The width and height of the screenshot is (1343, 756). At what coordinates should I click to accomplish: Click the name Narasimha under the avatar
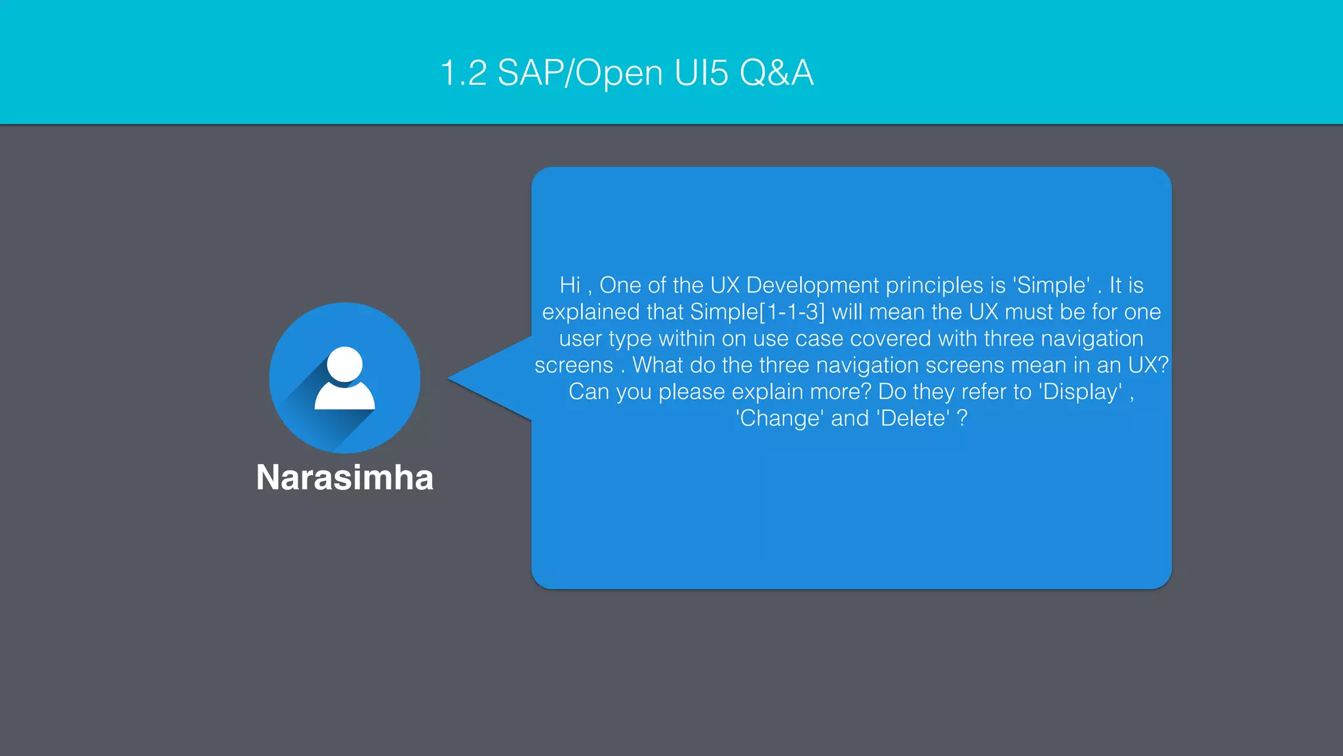click(344, 477)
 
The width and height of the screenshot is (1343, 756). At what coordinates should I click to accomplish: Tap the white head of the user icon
click(344, 364)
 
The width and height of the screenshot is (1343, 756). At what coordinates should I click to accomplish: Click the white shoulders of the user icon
click(344, 398)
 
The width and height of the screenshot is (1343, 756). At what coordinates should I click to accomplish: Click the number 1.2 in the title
click(463, 73)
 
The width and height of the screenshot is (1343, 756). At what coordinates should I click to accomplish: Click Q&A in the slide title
click(776, 73)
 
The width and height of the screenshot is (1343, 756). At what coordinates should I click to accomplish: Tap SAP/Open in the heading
click(580, 73)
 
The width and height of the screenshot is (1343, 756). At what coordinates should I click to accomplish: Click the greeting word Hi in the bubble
click(569, 285)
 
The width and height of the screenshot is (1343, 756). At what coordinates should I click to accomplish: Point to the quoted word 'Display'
click(1080, 392)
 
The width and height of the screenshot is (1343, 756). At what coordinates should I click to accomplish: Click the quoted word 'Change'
click(779, 419)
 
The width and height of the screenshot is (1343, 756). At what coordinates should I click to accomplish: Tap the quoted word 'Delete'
click(913, 419)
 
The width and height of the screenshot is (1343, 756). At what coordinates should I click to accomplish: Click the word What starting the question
click(657, 366)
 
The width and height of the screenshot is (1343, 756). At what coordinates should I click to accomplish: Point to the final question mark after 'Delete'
click(962, 419)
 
